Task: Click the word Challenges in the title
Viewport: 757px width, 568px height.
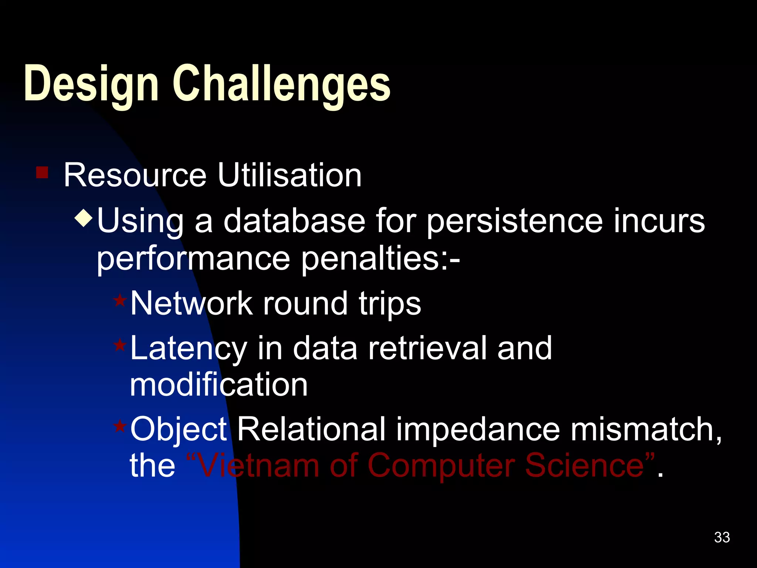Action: point(282,84)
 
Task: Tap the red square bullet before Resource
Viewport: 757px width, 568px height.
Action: point(42,172)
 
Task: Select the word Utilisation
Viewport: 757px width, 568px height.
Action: point(289,175)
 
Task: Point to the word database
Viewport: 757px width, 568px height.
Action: point(294,221)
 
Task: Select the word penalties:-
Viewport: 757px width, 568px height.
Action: point(381,259)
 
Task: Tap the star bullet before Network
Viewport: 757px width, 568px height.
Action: point(120,300)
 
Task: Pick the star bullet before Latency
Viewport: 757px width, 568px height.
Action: point(120,345)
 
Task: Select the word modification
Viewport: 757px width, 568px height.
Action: point(218,385)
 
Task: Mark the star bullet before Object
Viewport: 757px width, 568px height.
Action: point(120,426)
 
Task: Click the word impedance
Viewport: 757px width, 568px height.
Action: point(478,430)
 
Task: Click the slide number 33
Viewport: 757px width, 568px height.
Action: point(722,537)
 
